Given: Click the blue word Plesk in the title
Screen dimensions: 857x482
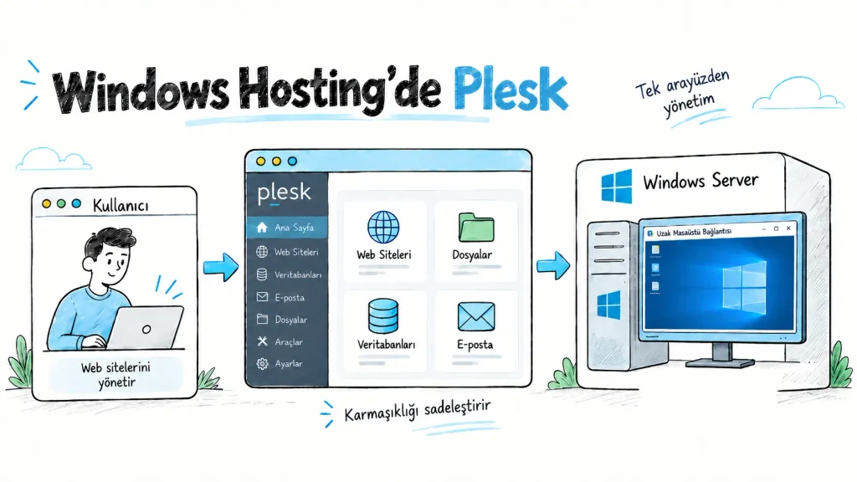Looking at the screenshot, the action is pyautogui.click(x=511, y=90).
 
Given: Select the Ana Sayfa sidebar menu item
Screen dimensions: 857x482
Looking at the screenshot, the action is pyautogui.click(x=288, y=228).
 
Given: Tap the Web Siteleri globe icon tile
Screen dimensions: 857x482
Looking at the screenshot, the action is pyautogui.click(x=383, y=241).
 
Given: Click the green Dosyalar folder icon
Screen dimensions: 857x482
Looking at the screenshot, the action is pyautogui.click(x=476, y=228).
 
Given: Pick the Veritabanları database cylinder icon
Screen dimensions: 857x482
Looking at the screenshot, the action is pyautogui.click(x=383, y=315).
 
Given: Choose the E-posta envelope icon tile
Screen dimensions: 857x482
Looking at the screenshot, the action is pyautogui.click(x=475, y=330).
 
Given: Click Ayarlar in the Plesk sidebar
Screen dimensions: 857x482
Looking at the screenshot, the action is pyautogui.click(x=280, y=363).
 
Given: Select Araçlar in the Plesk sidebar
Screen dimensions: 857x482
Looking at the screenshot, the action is pyautogui.click(x=280, y=341).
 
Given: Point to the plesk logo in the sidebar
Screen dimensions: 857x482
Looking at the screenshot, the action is pyautogui.click(x=285, y=192).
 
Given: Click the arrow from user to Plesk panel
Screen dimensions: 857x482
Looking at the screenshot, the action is pyautogui.click(x=221, y=267).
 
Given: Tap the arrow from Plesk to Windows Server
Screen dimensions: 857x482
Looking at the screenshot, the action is pyautogui.click(x=553, y=265).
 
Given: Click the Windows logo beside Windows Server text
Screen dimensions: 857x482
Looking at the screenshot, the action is pyautogui.click(x=617, y=187).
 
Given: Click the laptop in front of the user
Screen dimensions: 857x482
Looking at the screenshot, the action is pyautogui.click(x=144, y=327).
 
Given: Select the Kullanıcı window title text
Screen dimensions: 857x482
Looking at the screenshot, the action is pyautogui.click(x=121, y=206).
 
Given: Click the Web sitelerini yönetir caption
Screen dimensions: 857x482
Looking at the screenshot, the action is pyautogui.click(x=115, y=374).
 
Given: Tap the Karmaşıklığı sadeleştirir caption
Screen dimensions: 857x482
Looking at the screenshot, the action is pyautogui.click(x=418, y=411).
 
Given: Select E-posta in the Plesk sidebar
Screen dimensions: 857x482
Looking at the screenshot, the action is pyautogui.click(x=281, y=297).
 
